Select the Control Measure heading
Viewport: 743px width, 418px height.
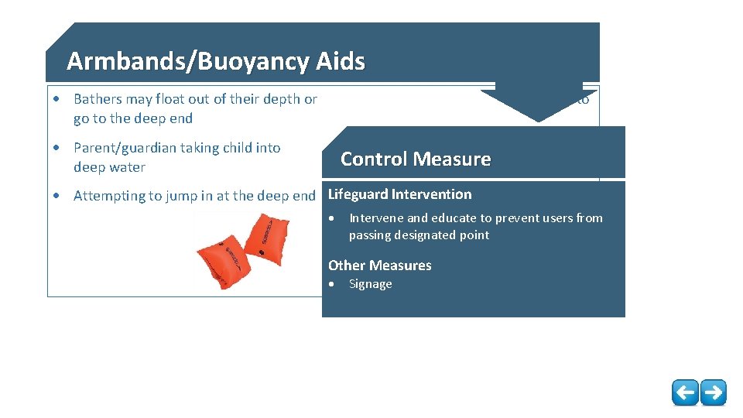416,159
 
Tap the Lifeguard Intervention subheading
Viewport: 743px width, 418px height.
399,194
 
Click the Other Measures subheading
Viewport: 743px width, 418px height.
379,266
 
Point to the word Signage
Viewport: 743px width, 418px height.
370,284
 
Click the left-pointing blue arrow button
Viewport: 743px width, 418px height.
684,392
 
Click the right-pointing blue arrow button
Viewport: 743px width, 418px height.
713,392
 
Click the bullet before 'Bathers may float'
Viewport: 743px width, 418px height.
57,99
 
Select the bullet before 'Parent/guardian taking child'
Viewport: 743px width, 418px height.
57,148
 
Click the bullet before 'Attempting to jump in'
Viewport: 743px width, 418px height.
57,196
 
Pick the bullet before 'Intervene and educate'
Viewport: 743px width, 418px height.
333,219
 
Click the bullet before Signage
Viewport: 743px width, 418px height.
333,285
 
